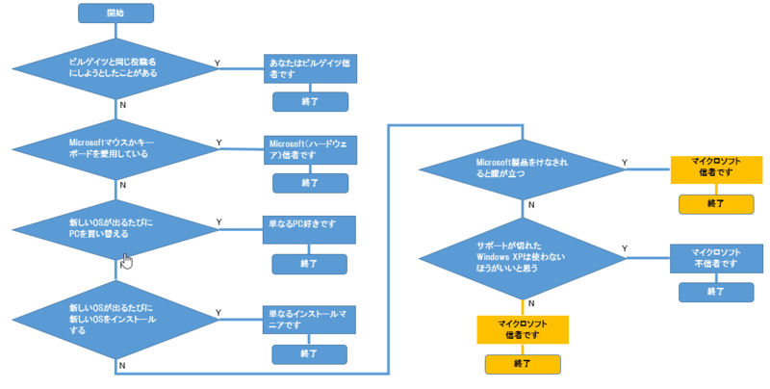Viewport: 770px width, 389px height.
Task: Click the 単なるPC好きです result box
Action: tap(310, 228)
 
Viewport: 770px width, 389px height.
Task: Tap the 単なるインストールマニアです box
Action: tap(310, 319)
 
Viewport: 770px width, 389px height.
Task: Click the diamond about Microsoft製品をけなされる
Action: tap(523, 169)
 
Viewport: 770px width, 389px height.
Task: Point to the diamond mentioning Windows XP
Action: tap(523, 257)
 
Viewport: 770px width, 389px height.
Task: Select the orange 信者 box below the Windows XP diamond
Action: tap(523, 329)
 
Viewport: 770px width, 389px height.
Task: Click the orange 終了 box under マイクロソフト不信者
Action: tap(716, 291)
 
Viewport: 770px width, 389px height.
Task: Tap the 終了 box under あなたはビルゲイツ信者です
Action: tap(310, 101)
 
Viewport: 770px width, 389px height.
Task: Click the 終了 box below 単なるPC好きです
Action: tap(310, 263)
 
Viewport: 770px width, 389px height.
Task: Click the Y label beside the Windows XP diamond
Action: tap(625, 248)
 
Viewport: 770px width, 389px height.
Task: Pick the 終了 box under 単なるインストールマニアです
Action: tap(310, 353)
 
